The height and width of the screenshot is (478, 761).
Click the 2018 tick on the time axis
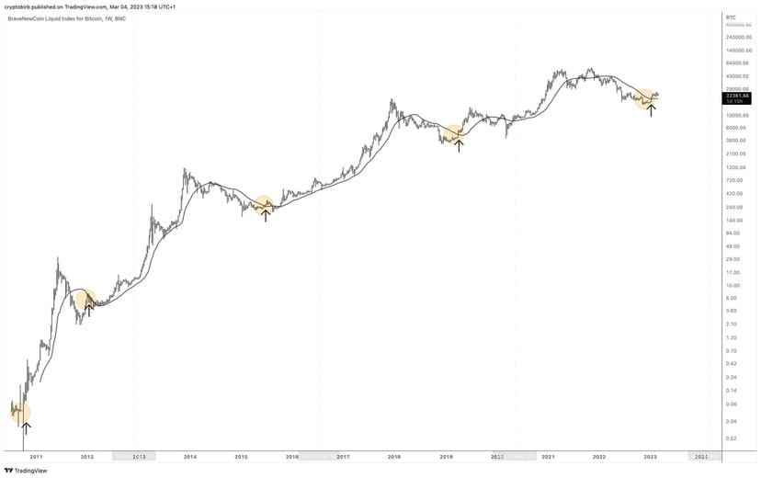click(x=393, y=456)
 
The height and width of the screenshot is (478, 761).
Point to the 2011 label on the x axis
click(x=36, y=456)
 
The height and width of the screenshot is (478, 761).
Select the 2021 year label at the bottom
click(x=548, y=456)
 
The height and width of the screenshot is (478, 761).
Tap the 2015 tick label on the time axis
click(x=241, y=456)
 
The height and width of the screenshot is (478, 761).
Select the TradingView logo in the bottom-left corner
click(x=27, y=470)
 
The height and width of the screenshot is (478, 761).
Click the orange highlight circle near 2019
click(x=454, y=134)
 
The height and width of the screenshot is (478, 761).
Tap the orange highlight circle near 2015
click(x=265, y=207)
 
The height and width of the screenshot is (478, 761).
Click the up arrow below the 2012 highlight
click(x=89, y=309)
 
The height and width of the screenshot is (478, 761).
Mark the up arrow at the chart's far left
click(x=26, y=427)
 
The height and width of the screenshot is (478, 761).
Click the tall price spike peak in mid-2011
click(x=58, y=258)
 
